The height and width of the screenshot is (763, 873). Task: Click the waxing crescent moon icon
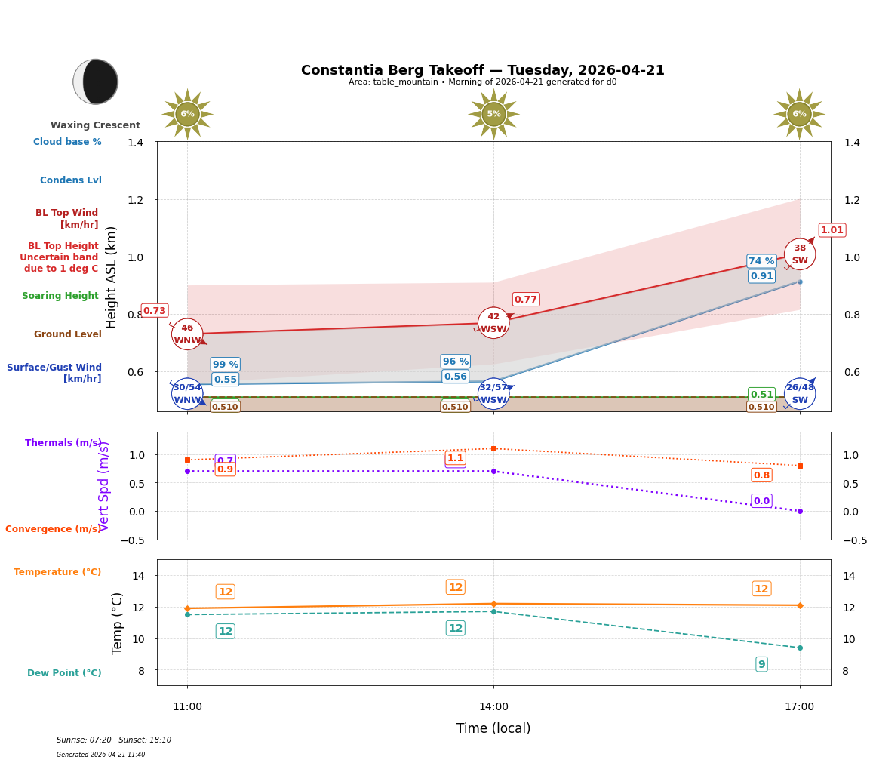click(96, 82)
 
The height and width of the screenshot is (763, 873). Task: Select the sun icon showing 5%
click(493, 114)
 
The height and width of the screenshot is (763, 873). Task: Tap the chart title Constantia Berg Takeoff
click(482, 70)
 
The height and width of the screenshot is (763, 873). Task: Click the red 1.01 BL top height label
click(832, 230)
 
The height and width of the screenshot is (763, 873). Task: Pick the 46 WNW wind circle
click(187, 334)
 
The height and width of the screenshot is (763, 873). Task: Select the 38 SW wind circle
click(799, 254)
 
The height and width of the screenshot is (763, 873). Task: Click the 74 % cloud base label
click(761, 261)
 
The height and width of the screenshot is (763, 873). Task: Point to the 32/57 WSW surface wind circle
click(493, 393)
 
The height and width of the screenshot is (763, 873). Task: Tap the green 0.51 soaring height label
click(761, 395)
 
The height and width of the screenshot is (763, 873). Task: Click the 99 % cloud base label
click(225, 365)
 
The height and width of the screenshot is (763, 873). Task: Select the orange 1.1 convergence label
click(455, 458)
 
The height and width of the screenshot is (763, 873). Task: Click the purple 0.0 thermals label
click(761, 501)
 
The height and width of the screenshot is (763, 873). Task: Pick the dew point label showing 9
click(761, 664)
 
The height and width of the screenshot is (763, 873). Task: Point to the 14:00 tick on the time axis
click(493, 706)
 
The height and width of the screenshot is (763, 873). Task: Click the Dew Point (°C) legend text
click(64, 673)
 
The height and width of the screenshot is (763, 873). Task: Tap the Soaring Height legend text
click(60, 296)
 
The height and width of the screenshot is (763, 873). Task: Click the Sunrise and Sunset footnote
click(114, 740)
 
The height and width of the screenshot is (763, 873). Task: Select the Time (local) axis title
click(493, 728)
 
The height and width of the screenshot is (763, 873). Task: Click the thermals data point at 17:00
click(799, 511)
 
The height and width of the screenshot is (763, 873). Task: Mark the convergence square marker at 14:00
click(493, 448)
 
